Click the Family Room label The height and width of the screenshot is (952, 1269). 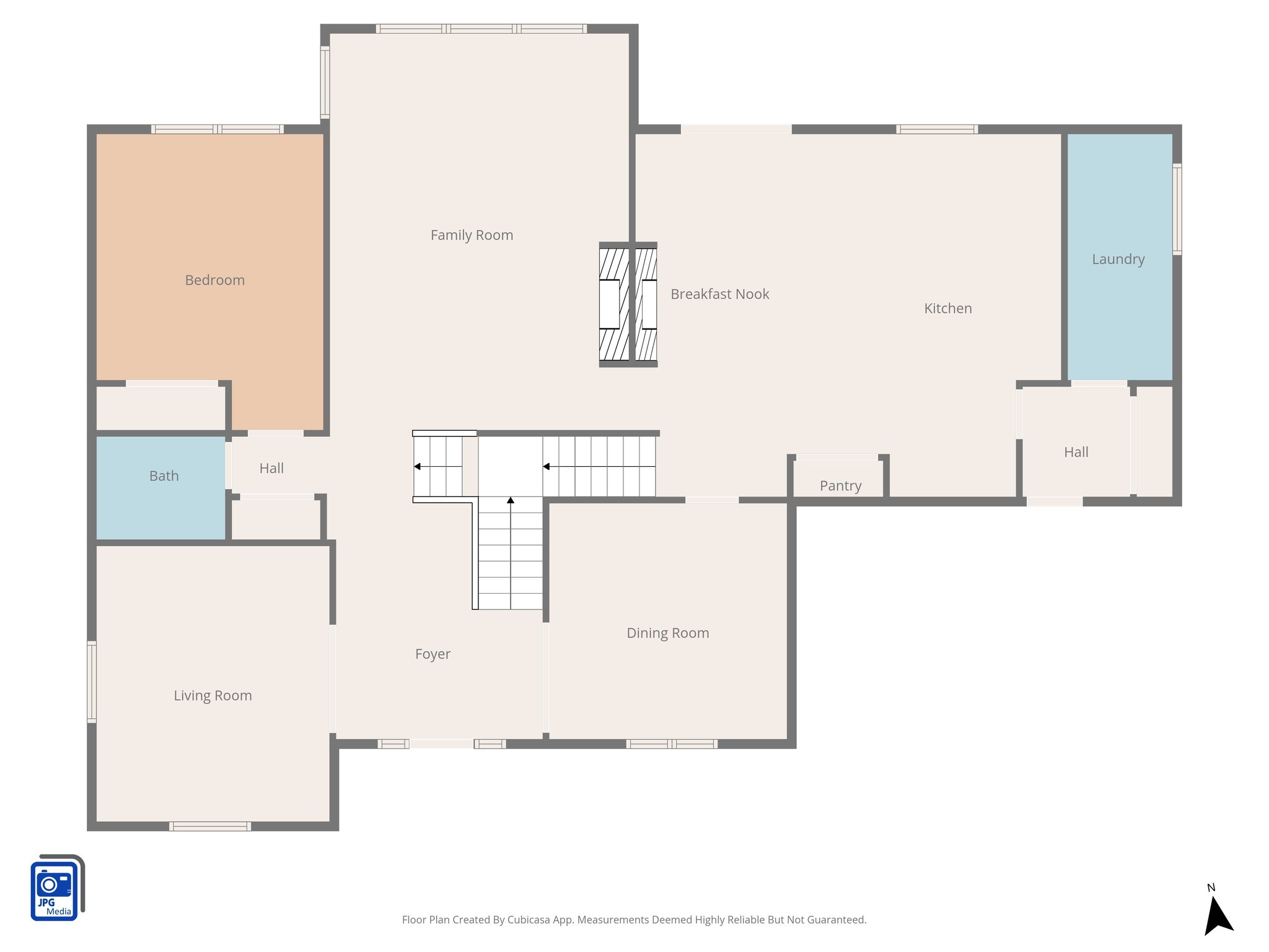coord(472,236)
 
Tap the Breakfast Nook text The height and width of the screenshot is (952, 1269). coord(719,294)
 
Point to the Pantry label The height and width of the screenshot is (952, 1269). coord(840,486)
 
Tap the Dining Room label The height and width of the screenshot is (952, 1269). coord(667,633)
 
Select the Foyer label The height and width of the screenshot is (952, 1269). coord(433,654)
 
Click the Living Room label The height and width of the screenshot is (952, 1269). coord(213,696)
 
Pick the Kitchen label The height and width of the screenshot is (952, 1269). coord(947,309)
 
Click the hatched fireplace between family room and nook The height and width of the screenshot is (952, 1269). coord(628,304)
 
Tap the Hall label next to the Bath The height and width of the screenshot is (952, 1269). coord(271,469)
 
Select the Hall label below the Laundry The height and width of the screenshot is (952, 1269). coord(1076,452)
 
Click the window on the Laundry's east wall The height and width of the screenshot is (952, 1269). coord(1177,209)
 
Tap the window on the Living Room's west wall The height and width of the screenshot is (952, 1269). coord(92,682)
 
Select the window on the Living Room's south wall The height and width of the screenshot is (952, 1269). coord(210,826)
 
